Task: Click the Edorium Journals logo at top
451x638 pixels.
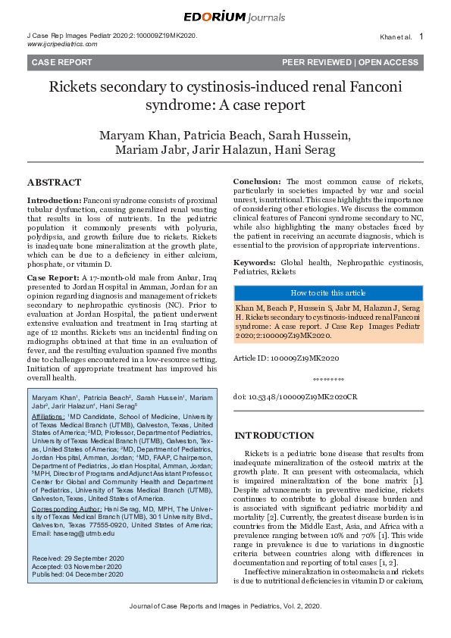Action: coord(225,17)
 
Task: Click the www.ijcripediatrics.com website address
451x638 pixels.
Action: coord(62,45)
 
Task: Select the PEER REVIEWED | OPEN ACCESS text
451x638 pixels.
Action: coord(349,62)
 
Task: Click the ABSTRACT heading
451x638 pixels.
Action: coord(54,183)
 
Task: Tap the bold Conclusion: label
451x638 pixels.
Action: coord(257,183)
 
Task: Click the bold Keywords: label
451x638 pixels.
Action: coord(254,261)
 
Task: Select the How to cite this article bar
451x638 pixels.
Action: coord(327,292)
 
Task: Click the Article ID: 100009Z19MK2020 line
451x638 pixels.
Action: coord(286,357)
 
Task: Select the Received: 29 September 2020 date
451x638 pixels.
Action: coord(77,558)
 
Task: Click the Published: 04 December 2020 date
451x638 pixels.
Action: coord(78,574)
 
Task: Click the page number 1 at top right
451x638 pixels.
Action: coord(421,36)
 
